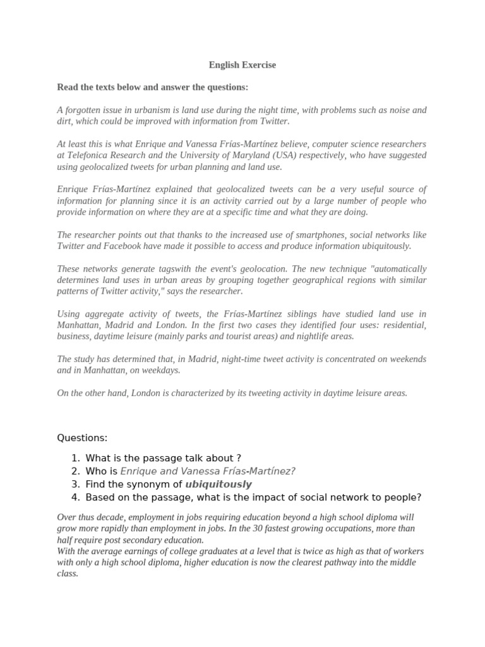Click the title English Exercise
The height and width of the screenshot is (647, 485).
click(242, 65)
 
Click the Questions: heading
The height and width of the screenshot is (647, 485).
click(82, 438)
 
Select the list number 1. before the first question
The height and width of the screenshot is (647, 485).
click(75, 458)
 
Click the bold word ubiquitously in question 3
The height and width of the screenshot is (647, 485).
click(219, 485)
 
